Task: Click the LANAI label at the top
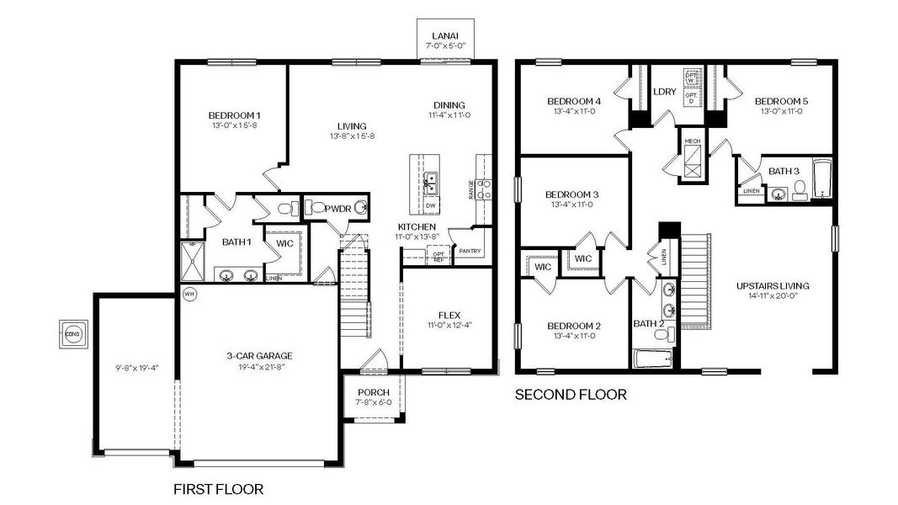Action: click(444, 35)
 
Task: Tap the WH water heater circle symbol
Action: click(189, 295)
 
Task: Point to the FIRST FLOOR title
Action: click(218, 489)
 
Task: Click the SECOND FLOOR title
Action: click(571, 394)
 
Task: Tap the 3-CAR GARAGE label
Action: click(259, 355)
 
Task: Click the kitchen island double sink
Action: click(430, 182)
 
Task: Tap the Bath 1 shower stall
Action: click(191, 263)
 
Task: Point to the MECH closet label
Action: click(692, 141)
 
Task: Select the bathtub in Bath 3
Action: click(822, 180)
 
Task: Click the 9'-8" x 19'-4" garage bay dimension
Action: click(135, 368)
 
